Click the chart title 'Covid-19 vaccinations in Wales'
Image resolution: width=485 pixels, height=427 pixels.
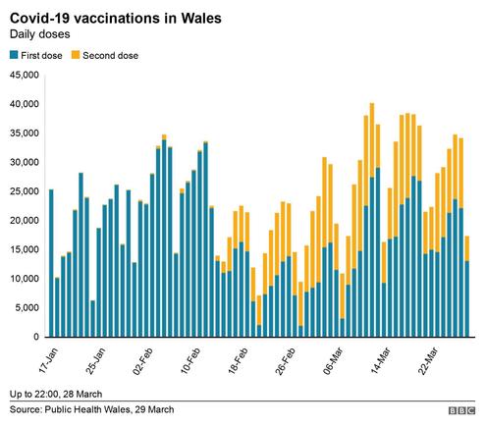pos(116,19)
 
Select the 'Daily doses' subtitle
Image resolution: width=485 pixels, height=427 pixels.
pos(39,34)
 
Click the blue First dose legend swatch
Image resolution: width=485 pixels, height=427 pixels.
pos(14,55)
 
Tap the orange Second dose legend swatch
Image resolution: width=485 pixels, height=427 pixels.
pos(76,55)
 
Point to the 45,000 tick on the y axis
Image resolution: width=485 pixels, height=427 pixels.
pos(25,75)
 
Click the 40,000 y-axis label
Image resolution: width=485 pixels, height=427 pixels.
pos(25,104)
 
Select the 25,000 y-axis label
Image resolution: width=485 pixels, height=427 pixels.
pos(25,191)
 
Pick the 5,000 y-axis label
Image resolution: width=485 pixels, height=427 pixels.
pos(27,308)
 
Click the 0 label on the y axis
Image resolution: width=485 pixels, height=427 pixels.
pos(36,337)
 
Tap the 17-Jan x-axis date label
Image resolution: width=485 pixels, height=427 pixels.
pos(49,360)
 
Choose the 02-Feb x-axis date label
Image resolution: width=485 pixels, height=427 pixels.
pos(143,361)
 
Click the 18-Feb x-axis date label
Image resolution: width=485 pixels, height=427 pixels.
pos(238,361)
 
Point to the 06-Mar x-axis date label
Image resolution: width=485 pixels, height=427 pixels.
pos(333,361)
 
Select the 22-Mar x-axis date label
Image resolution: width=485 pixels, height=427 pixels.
pos(428,361)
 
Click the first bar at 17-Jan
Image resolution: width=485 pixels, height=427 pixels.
pos(51,263)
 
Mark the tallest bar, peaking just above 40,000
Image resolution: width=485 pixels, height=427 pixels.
pos(372,220)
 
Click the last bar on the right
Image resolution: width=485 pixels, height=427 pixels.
pos(467,287)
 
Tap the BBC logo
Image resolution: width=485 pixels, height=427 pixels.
pos(461,410)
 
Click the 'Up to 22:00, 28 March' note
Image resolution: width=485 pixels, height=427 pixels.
pos(56,394)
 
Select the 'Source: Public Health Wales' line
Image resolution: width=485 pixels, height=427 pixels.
pos(91,409)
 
